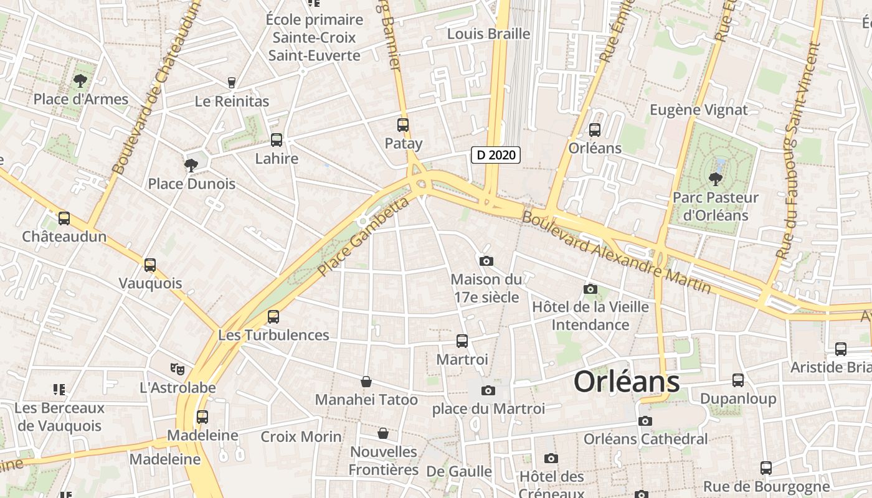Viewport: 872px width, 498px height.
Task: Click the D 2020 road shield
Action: coord(495,154)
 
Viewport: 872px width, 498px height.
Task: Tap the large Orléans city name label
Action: coord(626,382)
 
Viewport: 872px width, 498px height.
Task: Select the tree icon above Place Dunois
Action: coord(191,165)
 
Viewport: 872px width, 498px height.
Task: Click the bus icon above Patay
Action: coord(403,125)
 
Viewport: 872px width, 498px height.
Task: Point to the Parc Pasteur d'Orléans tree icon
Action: coord(715,179)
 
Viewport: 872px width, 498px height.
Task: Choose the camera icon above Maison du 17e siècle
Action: coord(486,261)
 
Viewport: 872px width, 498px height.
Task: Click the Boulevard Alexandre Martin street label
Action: coord(616,252)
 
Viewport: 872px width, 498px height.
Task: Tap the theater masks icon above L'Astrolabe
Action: coord(178,369)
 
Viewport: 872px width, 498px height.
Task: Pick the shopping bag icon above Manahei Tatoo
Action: coord(366,382)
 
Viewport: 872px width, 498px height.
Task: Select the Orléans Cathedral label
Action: coord(645,439)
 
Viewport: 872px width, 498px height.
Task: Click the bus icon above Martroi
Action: coord(462,341)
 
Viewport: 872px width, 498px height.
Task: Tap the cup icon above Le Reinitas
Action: coord(232,82)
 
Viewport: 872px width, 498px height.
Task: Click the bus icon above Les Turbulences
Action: coord(273,317)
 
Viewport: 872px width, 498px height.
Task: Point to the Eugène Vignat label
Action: coord(698,110)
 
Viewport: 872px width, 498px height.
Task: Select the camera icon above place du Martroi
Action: coord(488,391)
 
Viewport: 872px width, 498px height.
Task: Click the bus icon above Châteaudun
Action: coord(64,218)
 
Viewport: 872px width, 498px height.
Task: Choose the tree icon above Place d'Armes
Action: coord(80,80)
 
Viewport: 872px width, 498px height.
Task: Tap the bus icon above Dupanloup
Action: coord(738,380)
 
